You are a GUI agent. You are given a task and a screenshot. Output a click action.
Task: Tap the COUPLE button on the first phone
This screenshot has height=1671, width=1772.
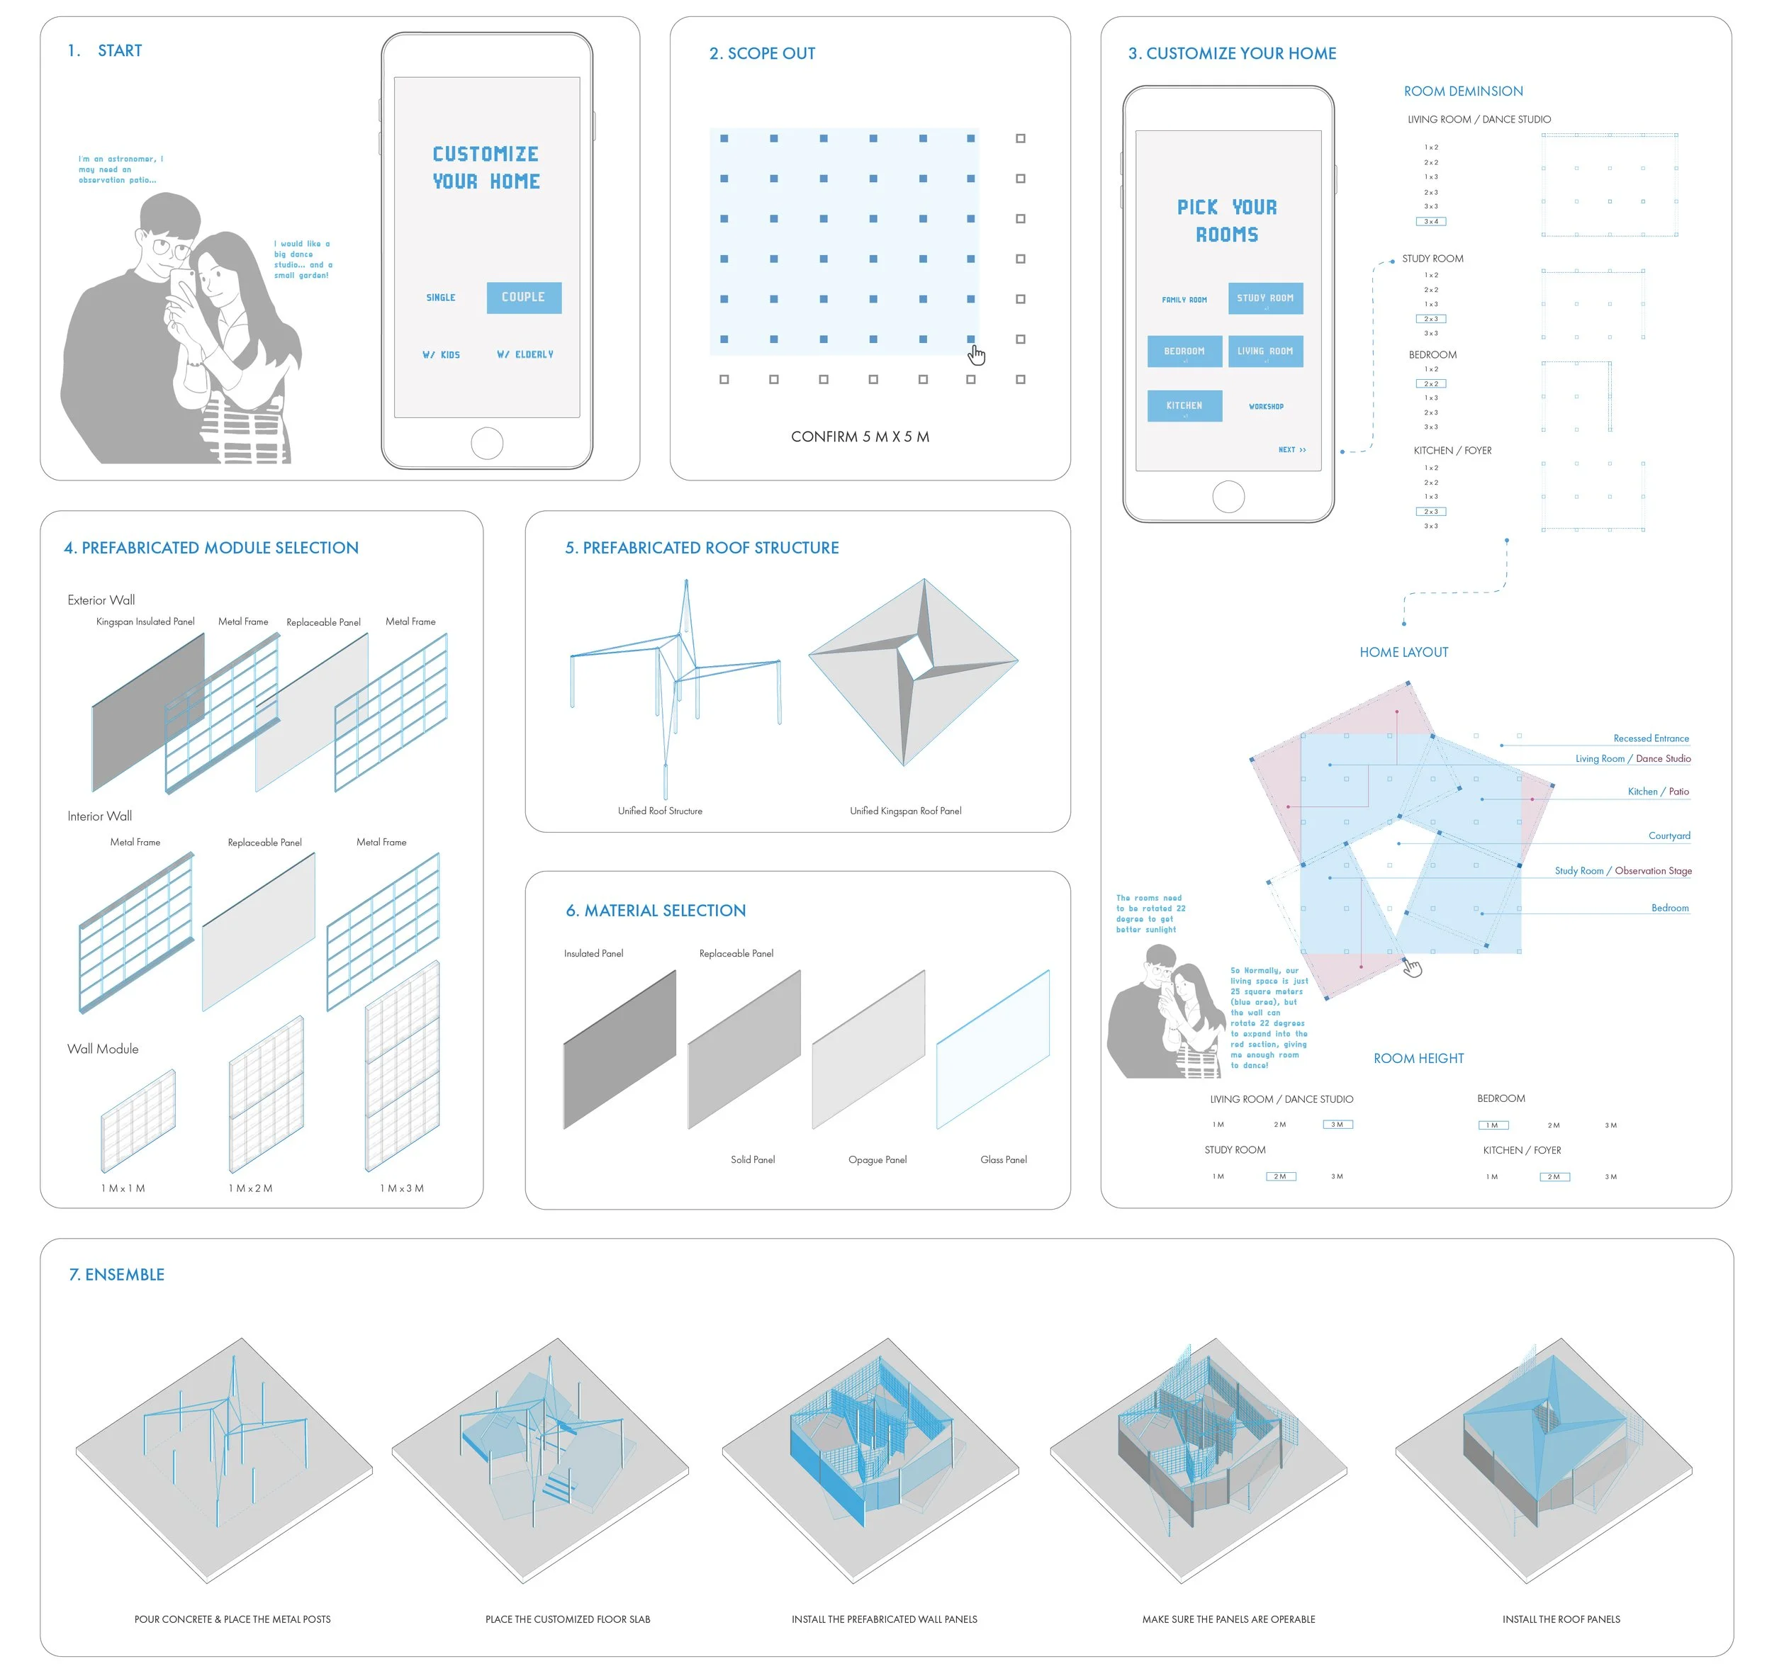pyautogui.click(x=523, y=298)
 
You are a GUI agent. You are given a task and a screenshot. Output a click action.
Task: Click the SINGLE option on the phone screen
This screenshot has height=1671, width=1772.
pyautogui.click(x=440, y=298)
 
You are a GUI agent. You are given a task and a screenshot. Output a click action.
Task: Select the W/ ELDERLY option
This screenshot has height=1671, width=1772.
pyautogui.click(x=525, y=355)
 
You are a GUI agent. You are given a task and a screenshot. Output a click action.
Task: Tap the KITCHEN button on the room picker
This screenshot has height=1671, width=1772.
pyautogui.click(x=1184, y=405)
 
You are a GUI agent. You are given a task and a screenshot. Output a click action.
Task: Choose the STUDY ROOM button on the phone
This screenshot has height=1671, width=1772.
pyautogui.click(x=1264, y=298)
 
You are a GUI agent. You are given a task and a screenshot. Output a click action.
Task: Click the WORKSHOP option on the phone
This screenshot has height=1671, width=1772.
pyautogui.click(x=1266, y=406)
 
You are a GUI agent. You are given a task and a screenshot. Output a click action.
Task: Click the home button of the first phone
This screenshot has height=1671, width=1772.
pyautogui.click(x=487, y=443)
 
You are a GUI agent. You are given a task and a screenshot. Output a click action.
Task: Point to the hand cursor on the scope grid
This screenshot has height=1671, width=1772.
pyautogui.click(x=977, y=355)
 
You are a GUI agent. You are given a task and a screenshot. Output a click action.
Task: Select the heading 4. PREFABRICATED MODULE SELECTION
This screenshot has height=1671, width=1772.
pyautogui.click(x=211, y=548)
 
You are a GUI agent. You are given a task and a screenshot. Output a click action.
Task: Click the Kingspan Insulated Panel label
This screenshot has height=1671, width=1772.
pyautogui.click(x=145, y=622)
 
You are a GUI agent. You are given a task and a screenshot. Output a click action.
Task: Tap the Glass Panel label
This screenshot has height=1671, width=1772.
pyautogui.click(x=1003, y=1159)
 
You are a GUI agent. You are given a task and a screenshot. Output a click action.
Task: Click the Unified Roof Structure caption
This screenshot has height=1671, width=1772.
pyautogui.click(x=660, y=811)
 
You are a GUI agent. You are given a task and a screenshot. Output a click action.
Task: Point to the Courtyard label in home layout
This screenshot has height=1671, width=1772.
pyautogui.click(x=1669, y=836)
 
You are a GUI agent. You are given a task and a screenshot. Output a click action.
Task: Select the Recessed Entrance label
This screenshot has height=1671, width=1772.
pyautogui.click(x=1650, y=739)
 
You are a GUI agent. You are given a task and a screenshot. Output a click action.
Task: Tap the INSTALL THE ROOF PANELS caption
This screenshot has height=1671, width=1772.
pyautogui.click(x=1561, y=1619)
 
